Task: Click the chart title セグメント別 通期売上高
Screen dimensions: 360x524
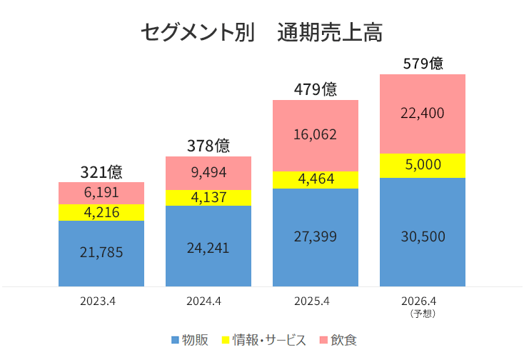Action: pyautogui.click(x=262, y=33)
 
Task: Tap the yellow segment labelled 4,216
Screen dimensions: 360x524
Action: pyautogui.click(x=101, y=213)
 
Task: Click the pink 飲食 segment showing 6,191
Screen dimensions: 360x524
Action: pyautogui.click(x=101, y=193)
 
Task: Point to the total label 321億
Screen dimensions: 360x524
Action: pyautogui.click(x=101, y=172)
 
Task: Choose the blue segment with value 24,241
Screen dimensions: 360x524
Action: pyautogui.click(x=208, y=246)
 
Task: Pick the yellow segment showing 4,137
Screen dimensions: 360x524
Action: pyautogui.click(x=208, y=198)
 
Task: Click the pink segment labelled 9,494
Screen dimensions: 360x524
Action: pyautogui.click(x=208, y=173)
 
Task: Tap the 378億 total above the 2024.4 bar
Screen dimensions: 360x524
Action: pyautogui.click(x=208, y=146)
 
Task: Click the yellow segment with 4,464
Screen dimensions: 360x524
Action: pyautogui.click(x=316, y=180)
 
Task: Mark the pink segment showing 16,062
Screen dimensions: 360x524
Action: pyautogui.click(x=316, y=135)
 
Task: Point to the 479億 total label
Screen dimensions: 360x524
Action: pyautogui.click(x=316, y=89)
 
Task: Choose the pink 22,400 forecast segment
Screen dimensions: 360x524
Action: pyautogui.click(x=423, y=114)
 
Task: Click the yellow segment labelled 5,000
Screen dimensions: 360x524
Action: pyautogui.click(x=423, y=166)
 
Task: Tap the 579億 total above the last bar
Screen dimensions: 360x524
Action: pyautogui.click(x=423, y=64)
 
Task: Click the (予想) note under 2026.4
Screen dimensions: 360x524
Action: pyautogui.click(x=423, y=313)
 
